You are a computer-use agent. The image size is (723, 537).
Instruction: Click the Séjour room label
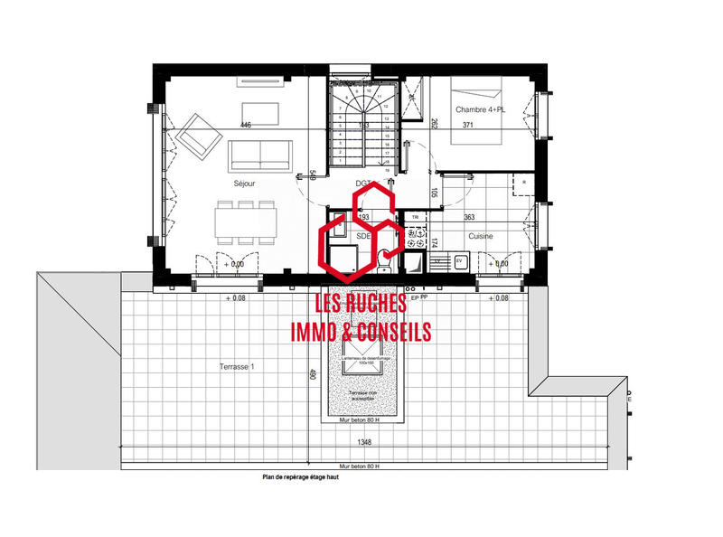(245, 184)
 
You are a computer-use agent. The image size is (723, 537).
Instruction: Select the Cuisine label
(481, 236)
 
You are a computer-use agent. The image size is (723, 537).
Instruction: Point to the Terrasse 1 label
(238, 366)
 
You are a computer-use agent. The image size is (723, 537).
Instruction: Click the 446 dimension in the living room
(246, 125)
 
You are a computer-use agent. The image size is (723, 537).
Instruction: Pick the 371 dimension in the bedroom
(468, 125)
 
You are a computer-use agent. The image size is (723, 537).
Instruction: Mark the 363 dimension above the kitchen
(470, 218)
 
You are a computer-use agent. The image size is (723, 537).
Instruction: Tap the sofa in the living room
(258, 155)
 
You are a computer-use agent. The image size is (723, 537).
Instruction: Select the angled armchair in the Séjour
(200, 135)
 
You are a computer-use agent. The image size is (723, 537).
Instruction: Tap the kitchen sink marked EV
(458, 261)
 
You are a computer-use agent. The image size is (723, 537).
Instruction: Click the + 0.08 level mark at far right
(498, 297)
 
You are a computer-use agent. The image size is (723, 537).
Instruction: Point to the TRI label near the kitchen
(415, 218)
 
